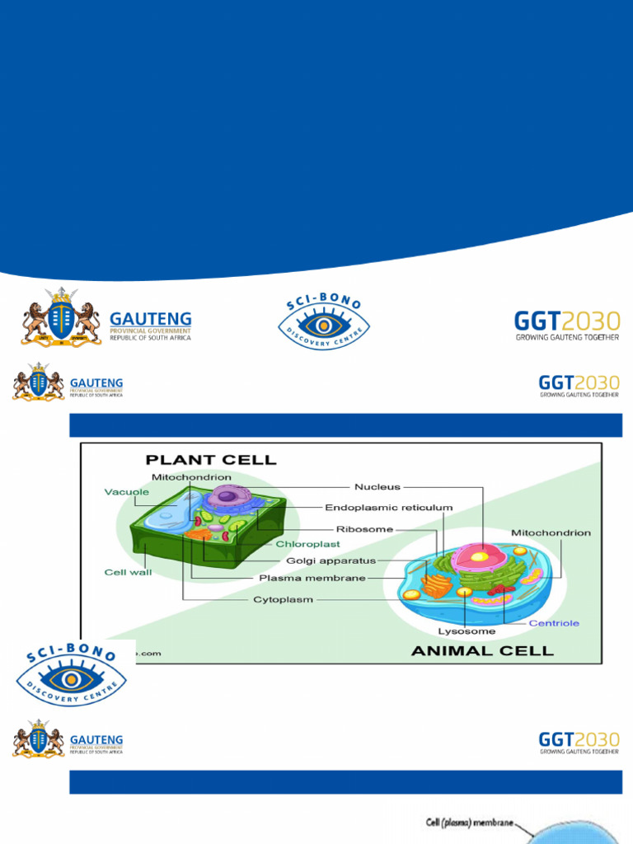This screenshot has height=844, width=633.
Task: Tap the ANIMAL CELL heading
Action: click(x=482, y=650)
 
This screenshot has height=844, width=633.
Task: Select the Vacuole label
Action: click(x=126, y=492)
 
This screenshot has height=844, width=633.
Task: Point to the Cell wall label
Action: click(x=128, y=571)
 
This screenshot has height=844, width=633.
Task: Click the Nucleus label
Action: click(x=377, y=486)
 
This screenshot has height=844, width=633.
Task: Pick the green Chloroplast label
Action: click(x=307, y=545)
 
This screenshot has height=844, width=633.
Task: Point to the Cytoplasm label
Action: click(x=283, y=600)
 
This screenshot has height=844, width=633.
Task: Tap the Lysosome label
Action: click(x=467, y=631)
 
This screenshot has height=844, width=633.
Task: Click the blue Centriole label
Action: click(x=554, y=623)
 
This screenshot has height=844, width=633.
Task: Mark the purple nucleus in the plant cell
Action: click(x=228, y=496)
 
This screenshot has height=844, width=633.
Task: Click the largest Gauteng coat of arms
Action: click(x=60, y=316)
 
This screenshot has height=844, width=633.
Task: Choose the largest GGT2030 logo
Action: click(x=567, y=325)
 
